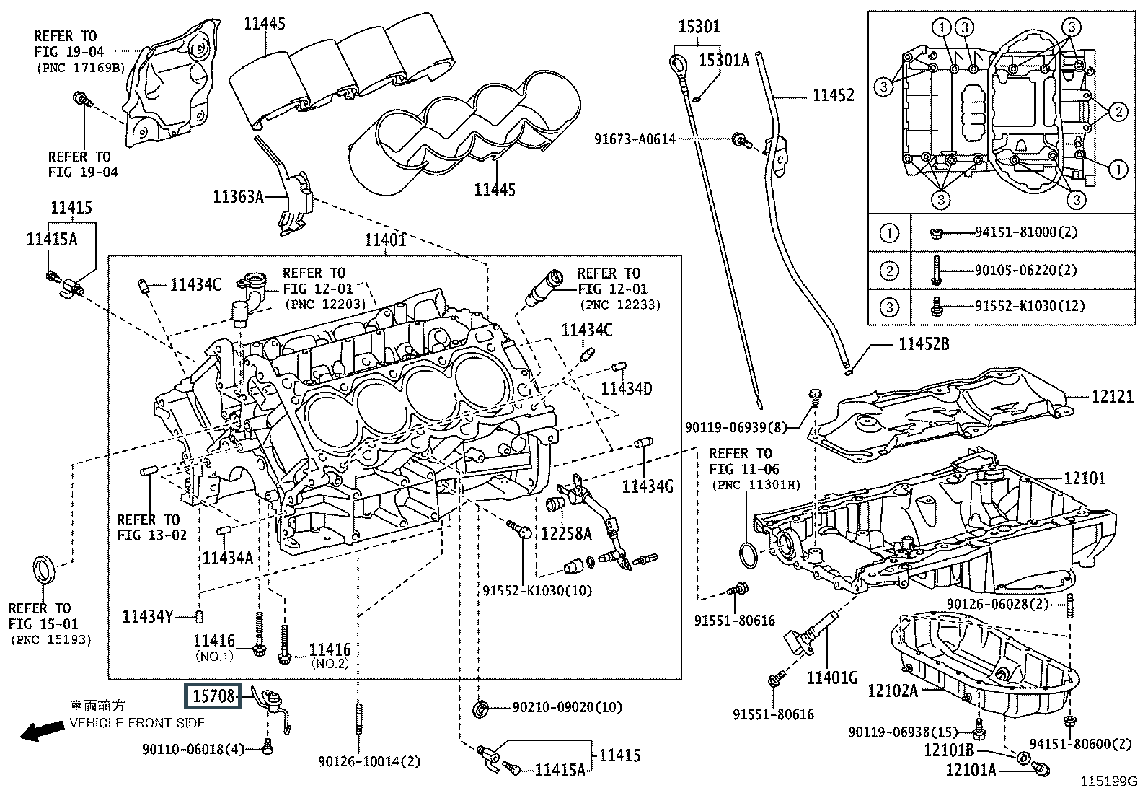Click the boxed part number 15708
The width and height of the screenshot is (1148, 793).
point(214,696)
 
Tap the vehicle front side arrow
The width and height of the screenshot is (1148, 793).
point(40,732)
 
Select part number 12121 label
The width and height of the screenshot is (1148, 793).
point(1112,396)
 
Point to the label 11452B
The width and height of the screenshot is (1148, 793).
point(923,344)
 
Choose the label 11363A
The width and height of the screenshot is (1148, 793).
point(238,196)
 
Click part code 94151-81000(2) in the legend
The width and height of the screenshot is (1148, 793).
point(1025,232)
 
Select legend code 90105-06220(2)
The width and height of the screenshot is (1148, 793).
point(1025,270)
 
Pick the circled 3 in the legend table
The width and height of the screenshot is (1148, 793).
point(890,307)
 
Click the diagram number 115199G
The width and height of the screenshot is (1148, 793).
point(1108,781)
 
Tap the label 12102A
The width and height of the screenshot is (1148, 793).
point(892,691)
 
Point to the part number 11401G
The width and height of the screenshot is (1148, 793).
point(831,678)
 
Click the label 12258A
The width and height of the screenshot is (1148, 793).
point(566,533)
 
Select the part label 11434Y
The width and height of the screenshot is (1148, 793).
point(147,616)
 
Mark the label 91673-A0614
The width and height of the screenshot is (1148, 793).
point(635,139)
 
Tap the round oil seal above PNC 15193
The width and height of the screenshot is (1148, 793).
point(45,567)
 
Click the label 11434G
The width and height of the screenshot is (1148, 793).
point(648,486)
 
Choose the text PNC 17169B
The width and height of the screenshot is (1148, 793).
point(80,68)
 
